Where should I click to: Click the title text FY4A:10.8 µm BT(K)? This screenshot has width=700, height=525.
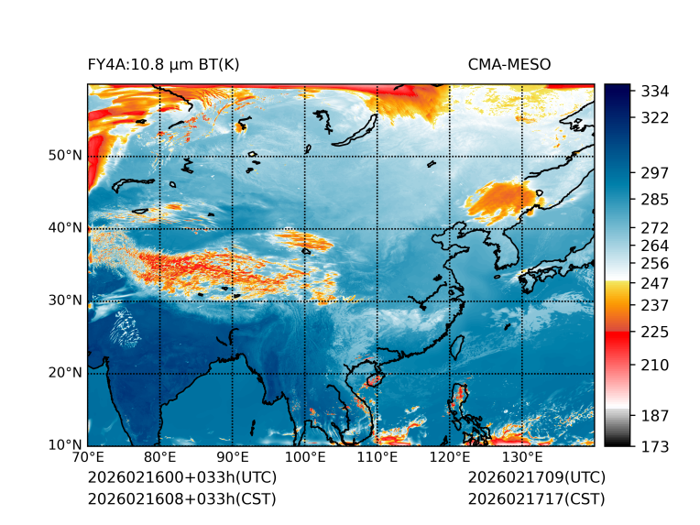coord(163,64)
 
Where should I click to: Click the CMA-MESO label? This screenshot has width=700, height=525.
coord(509,64)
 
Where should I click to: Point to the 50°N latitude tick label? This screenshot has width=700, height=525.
coord(65,156)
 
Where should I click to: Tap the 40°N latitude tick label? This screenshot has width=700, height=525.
coord(65,228)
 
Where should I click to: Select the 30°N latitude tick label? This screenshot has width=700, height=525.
coord(65,301)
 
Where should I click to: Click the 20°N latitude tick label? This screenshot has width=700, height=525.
coord(65,373)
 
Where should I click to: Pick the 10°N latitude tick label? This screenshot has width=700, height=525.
coord(65,445)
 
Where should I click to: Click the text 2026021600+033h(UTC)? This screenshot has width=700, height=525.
coord(181,478)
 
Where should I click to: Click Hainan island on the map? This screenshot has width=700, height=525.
coord(374,378)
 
